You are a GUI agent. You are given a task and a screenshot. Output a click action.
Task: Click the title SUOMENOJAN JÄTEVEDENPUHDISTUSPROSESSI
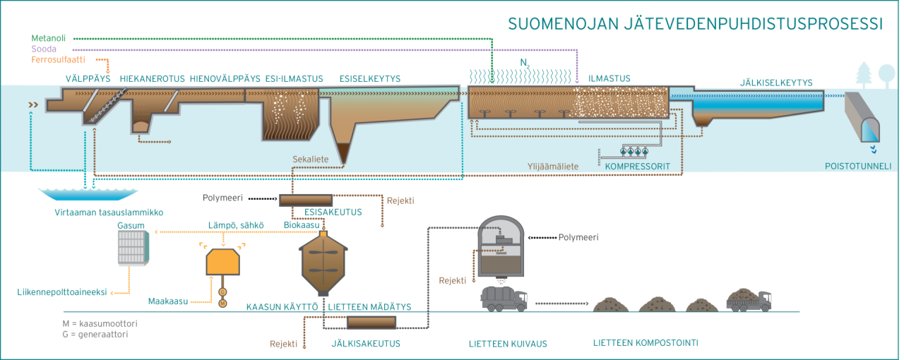695,23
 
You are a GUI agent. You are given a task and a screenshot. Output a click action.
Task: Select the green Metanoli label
50,37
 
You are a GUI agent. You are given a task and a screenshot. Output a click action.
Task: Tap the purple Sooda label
44,49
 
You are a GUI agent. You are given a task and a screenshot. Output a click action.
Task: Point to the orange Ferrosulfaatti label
59,61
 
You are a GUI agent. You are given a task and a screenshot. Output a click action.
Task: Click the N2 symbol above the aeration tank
524,64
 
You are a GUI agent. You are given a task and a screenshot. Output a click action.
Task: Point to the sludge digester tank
323,261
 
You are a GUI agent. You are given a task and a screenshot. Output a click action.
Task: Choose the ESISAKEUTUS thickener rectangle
306,200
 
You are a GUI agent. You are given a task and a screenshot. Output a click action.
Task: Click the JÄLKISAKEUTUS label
366,344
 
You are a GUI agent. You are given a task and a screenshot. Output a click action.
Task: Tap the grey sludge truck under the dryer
504,299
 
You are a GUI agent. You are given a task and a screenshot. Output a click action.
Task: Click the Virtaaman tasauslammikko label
109,212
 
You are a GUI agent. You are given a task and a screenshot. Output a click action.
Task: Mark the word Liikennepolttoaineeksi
62,292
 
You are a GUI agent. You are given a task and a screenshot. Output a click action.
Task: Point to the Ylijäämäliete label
553,167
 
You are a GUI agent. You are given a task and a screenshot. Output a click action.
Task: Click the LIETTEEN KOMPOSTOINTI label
646,344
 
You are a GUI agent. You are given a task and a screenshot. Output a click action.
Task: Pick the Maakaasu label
168,301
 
